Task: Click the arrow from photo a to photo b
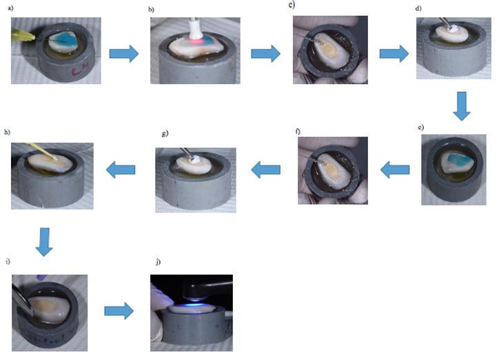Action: [x=124, y=53]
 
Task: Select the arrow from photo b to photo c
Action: [x=265, y=53]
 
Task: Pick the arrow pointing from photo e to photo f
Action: [x=395, y=169]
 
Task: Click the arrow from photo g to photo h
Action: [x=117, y=169]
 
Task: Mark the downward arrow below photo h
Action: [x=44, y=241]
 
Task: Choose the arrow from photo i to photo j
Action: [x=119, y=311]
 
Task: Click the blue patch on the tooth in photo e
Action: [x=456, y=161]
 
